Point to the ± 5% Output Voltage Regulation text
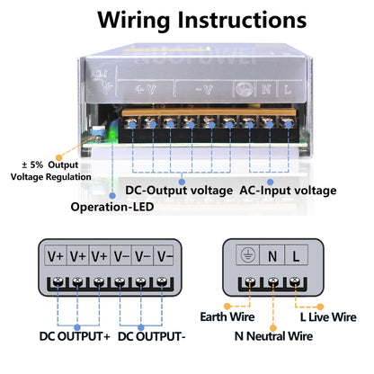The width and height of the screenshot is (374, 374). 50,170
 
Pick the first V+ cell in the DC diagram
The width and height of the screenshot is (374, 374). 56,255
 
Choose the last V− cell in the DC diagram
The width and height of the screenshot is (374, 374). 165,255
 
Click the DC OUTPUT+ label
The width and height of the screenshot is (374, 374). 75,336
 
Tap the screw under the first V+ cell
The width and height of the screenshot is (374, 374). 56,283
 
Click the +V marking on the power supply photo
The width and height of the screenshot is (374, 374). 146,90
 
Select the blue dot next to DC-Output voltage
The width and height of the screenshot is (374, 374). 181,181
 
